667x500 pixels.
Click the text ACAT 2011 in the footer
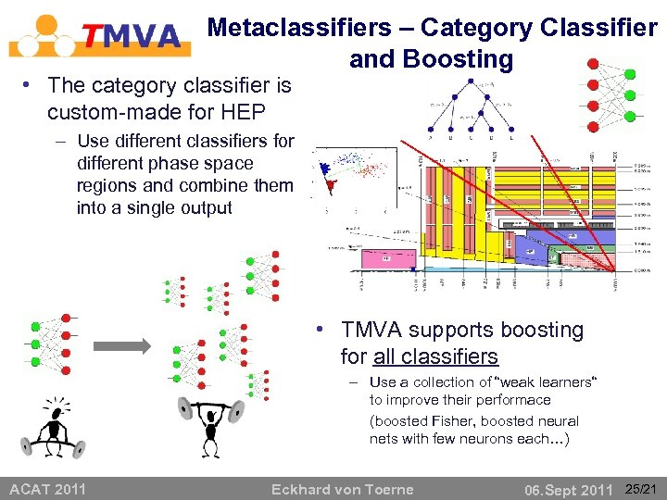(47, 489)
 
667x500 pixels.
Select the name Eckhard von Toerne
(342, 489)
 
